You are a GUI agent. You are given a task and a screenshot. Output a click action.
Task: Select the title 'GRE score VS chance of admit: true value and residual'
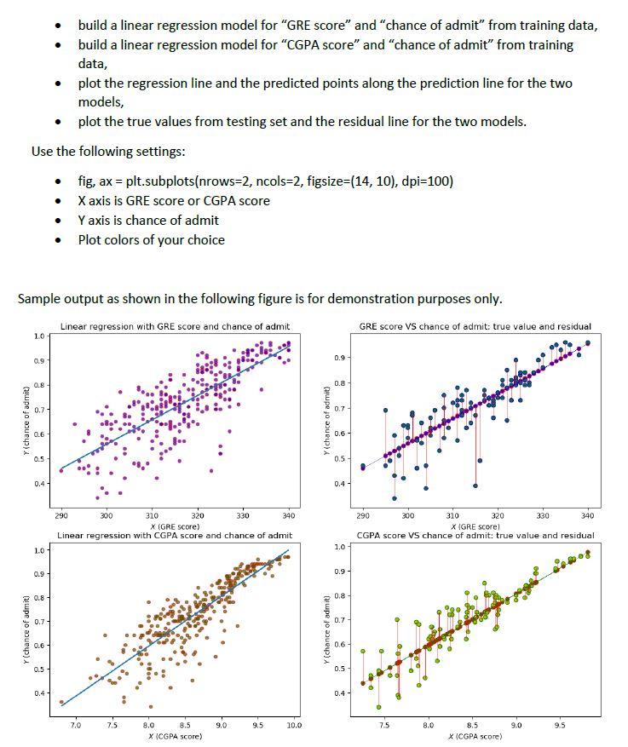pyautogui.click(x=475, y=326)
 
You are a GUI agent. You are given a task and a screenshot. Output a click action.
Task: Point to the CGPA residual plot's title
pyautogui.click(x=475, y=535)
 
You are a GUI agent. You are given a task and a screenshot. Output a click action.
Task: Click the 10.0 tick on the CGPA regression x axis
pyautogui.click(x=294, y=725)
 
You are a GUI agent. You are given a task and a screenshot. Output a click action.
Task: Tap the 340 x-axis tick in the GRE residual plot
pyautogui.click(x=587, y=516)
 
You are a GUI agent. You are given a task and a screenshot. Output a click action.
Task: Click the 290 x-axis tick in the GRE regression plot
pyautogui.click(x=61, y=516)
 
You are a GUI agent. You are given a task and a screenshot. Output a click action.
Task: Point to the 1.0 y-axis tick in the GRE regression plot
pyautogui.click(x=38, y=336)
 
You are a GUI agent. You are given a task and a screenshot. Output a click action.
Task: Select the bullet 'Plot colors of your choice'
pyautogui.click(x=151, y=239)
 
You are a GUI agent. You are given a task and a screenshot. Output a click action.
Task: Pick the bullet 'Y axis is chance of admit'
pyautogui.click(x=148, y=220)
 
